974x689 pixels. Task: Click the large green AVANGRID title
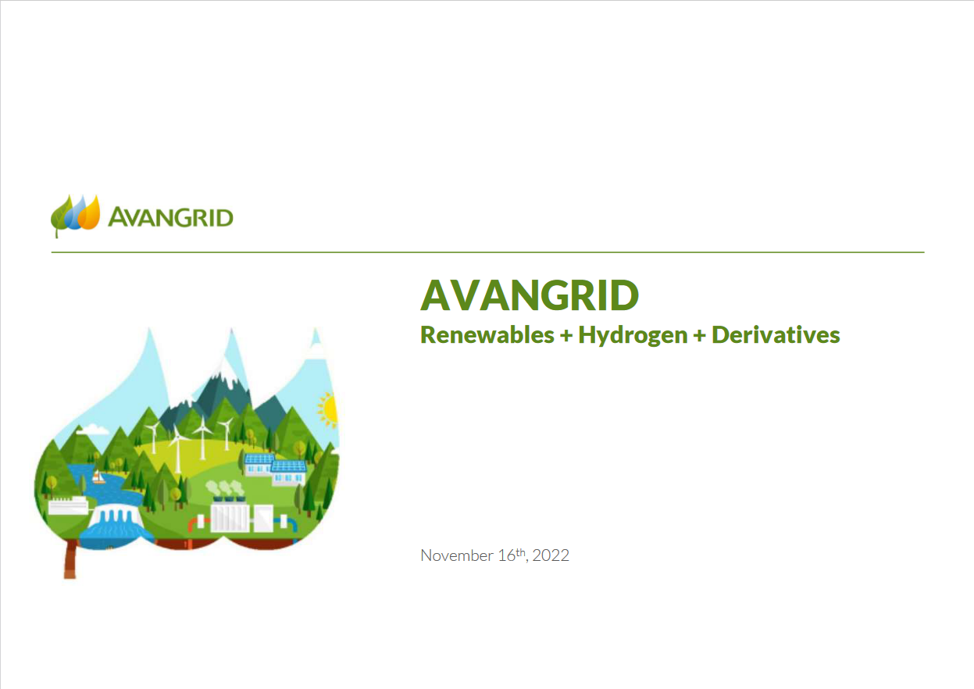tap(530, 295)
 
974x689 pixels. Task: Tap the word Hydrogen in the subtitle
tap(633, 335)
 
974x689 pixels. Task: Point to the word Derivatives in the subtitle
tap(776, 335)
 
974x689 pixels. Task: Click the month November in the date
tap(457, 556)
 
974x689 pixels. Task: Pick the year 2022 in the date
tap(551, 556)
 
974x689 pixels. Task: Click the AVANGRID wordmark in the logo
tap(170, 216)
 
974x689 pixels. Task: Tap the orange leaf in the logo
tap(90, 212)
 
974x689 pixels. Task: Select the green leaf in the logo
tap(60, 216)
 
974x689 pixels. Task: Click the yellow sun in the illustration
tap(329, 409)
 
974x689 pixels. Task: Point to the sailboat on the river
tap(99, 477)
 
